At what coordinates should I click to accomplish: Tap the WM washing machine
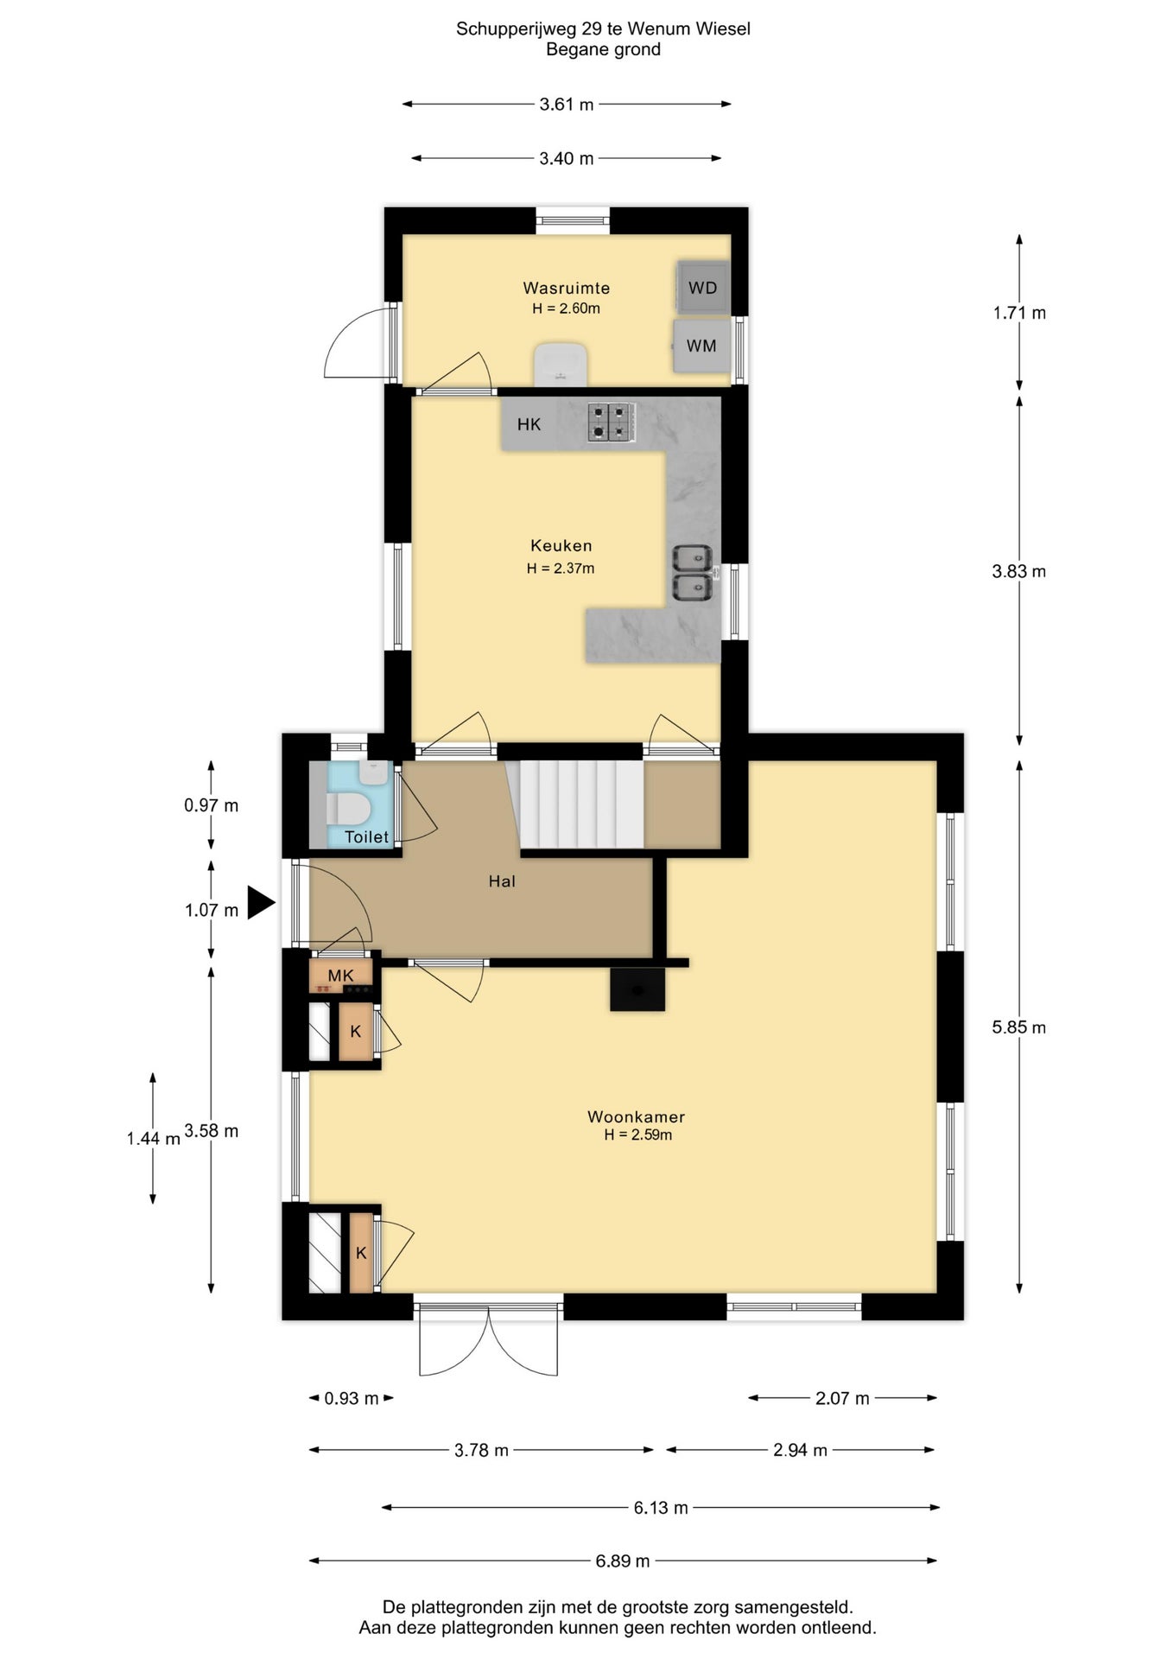pyautogui.click(x=701, y=346)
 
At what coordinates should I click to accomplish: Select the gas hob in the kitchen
pyautogui.click(x=612, y=423)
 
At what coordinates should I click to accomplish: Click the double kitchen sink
pyautogui.click(x=693, y=573)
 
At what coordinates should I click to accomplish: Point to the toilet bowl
pyautogui.click(x=349, y=810)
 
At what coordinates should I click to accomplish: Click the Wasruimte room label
pyautogui.click(x=567, y=288)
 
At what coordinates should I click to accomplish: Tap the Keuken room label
pyautogui.click(x=561, y=545)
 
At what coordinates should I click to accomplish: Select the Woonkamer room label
pyautogui.click(x=637, y=1116)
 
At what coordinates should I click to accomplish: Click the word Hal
pyautogui.click(x=502, y=881)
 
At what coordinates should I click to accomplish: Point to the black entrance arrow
pyautogui.click(x=261, y=903)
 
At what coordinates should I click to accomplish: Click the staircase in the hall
pyautogui.click(x=580, y=804)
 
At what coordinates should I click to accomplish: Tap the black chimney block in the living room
pyautogui.click(x=637, y=988)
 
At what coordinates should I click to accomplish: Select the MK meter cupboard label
pyautogui.click(x=341, y=976)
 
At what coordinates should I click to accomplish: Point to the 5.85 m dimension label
pyautogui.click(x=1019, y=1027)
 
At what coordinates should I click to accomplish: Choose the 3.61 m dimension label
pyautogui.click(x=567, y=105)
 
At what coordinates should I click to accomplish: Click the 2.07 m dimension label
pyautogui.click(x=842, y=1398)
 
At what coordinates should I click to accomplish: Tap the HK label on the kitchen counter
pyautogui.click(x=529, y=424)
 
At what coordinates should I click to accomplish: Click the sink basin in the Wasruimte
pyautogui.click(x=561, y=365)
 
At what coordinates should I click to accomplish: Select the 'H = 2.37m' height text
pyautogui.click(x=561, y=569)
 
